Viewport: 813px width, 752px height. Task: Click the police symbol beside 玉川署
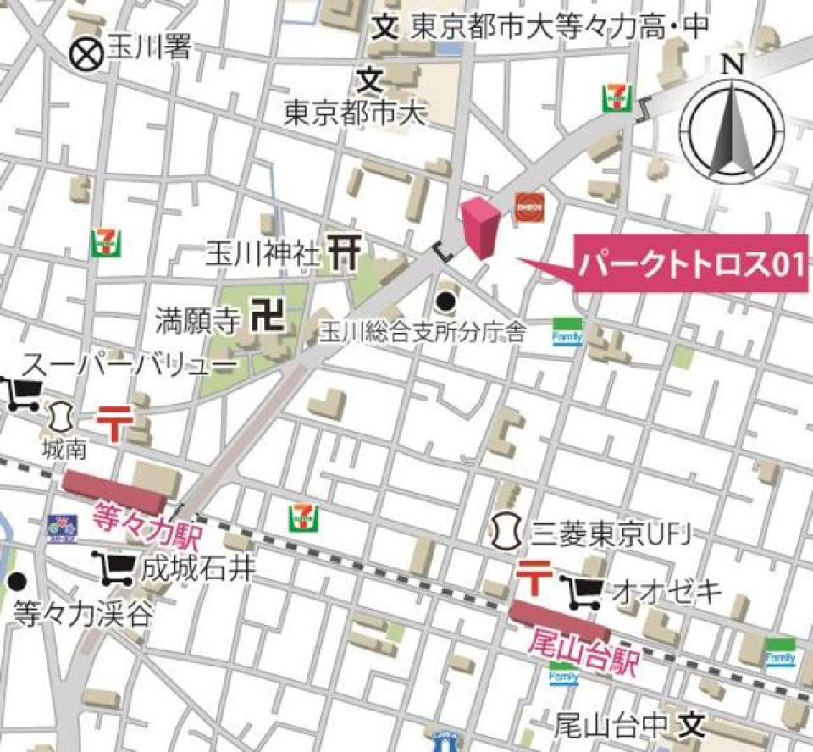tap(86, 54)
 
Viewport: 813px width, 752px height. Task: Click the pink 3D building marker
tap(480, 226)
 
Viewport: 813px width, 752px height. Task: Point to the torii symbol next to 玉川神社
tap(345, 253)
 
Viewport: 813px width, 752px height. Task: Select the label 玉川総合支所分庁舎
tap(422, 333)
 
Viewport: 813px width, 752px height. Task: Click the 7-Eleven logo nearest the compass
tap(616, 97)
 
